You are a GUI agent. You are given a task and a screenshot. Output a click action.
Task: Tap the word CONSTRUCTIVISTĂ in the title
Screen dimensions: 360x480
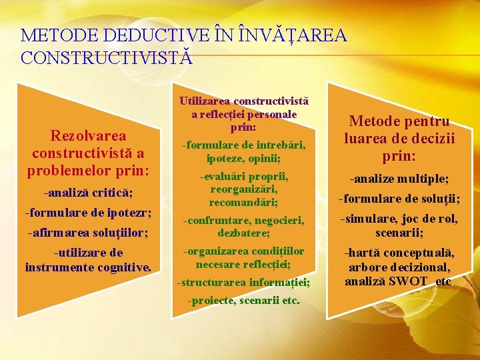point(107,57)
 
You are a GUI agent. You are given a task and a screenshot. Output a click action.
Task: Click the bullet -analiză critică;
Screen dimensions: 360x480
point(88,193)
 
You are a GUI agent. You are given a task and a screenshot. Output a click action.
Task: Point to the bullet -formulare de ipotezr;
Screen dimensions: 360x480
point(88,213)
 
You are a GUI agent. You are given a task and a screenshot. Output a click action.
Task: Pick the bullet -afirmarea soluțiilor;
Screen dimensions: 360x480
point(88,233)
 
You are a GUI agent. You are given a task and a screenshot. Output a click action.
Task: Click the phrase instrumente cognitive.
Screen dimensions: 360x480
point(88,267)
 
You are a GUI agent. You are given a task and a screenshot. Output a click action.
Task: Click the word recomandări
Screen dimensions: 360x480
point(243,201)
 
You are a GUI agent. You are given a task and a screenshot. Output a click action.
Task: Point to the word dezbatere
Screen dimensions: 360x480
point(243,233)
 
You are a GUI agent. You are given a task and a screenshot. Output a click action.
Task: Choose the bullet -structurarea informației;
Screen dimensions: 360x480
point(243,282)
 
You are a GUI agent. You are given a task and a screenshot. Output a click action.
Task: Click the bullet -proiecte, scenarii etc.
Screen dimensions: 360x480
point(243,301)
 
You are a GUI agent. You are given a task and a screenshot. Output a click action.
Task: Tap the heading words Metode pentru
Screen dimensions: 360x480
point(399,122)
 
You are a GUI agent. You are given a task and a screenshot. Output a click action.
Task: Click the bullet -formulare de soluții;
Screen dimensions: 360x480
point(399,199)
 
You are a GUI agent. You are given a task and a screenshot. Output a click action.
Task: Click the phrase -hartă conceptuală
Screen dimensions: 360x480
point(399,253)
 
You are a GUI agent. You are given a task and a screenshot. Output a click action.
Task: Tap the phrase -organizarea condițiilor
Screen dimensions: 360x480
point(243,251)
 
